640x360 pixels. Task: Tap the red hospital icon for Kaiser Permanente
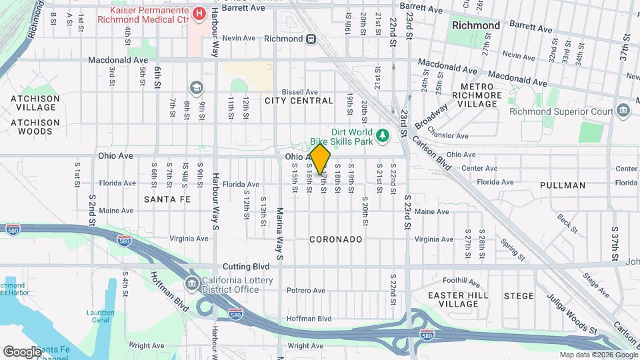tap(198, 13)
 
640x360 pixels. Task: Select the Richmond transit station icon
tap(311, 39)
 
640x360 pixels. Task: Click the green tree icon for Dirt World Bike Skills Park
tap(383, 137)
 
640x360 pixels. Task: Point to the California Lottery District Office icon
tap(192, 285)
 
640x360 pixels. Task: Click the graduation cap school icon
tap(196, 87)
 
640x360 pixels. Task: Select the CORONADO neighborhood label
tap(336, 239)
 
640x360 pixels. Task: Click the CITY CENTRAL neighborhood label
tap(299, 101)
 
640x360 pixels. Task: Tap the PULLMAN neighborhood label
tap(563, 185)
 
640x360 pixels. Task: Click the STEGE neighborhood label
tap(519, 295)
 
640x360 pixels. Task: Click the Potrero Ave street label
tap(305, 291)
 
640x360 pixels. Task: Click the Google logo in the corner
tap(22, 351)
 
